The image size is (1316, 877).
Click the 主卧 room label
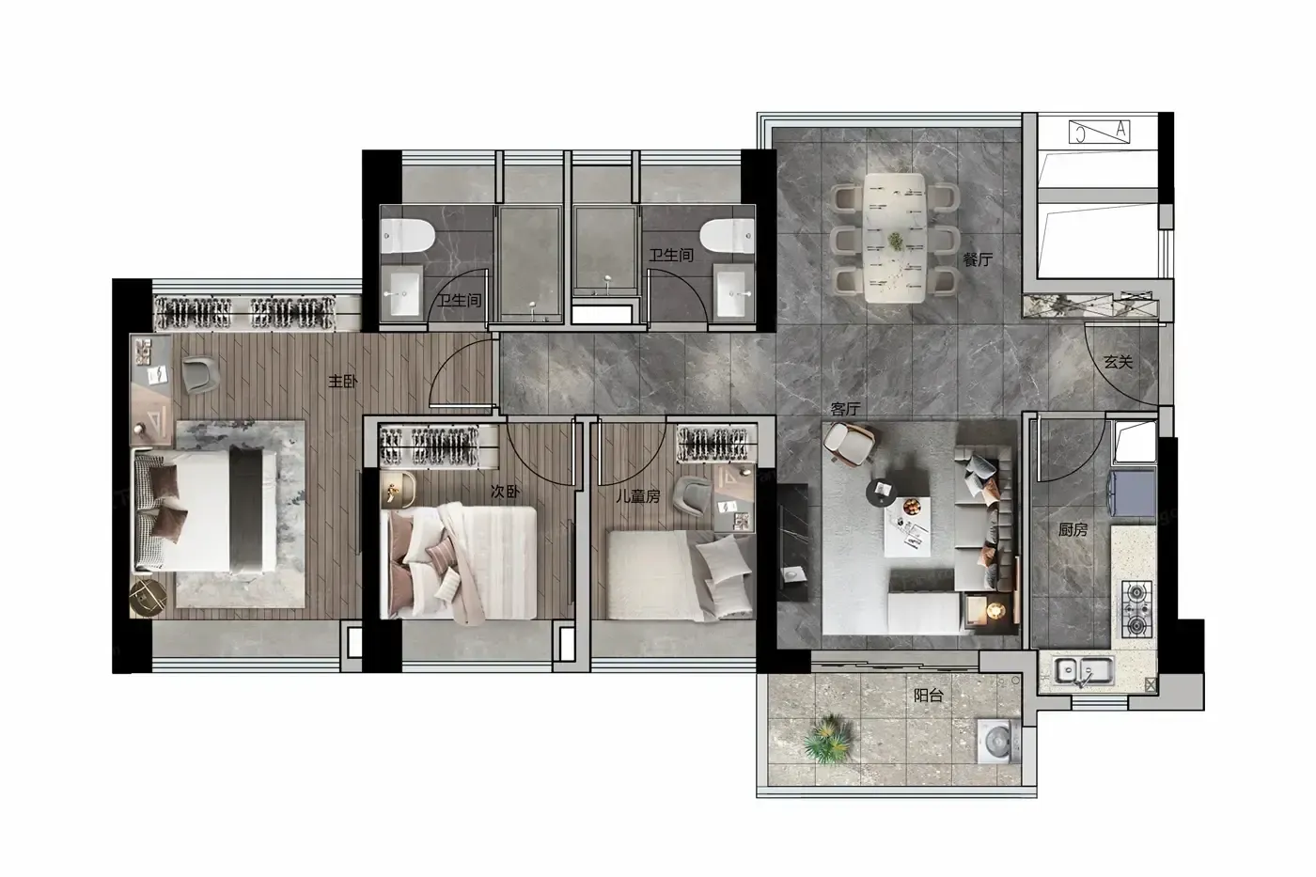pos(342,382)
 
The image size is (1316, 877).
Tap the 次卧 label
pos(505,491)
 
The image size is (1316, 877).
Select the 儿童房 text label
pos(637,496)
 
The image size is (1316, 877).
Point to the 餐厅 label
pos(977,259)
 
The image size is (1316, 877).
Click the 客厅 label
pos(845,409)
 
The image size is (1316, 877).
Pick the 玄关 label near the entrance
pos(1118,362)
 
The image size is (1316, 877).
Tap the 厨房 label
pos(1073,530)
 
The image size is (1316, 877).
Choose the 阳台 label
pos(929,696)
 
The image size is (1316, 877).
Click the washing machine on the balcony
pos(998,742)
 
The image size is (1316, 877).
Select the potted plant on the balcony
pos(828,738)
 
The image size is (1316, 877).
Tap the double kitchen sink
pos(1083,670)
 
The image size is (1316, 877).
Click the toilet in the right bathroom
pos(727,236)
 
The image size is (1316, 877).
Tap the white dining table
pos(894,238)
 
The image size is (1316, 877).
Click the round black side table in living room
pos(882,491)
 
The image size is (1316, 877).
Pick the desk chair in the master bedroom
pos(200,374)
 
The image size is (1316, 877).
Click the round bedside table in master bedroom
pos(149,598)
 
